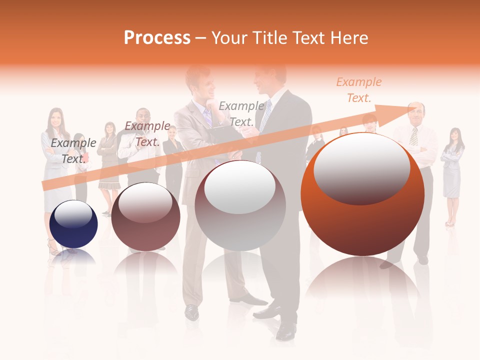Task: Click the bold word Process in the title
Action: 157,38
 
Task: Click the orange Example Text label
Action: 358,90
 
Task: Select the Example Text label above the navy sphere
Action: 73,150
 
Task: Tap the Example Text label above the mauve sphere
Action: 147,134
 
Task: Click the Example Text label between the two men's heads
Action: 241,113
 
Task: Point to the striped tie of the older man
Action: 413,136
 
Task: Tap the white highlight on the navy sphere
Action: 73,214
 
